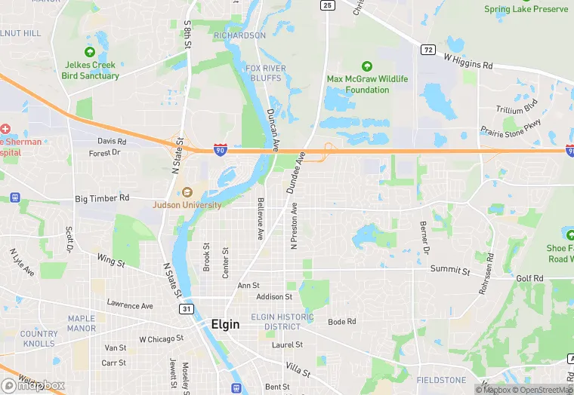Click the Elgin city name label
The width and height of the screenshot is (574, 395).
tap(225, 324)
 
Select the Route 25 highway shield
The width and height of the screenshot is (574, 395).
tap(327, 5)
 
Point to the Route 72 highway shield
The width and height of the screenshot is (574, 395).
tap(428, 50)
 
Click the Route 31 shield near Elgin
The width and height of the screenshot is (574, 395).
tap(185, 309)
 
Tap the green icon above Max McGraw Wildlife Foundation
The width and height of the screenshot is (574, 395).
tap(367, 67)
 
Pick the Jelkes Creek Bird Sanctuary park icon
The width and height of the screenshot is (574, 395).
tap(90, 52)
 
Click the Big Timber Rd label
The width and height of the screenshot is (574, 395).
tap(103, 198)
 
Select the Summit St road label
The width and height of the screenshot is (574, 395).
tap(450, 269)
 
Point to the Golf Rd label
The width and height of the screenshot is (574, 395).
tap(529, 278)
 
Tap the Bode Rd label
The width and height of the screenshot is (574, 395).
tap(342, 322)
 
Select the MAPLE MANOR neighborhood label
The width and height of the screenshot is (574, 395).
tap(82, 323)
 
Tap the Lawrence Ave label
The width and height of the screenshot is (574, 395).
tap(130, 305)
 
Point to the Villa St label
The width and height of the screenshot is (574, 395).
tap(298, 369)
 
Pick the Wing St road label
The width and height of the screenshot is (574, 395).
tap(110, 261)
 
